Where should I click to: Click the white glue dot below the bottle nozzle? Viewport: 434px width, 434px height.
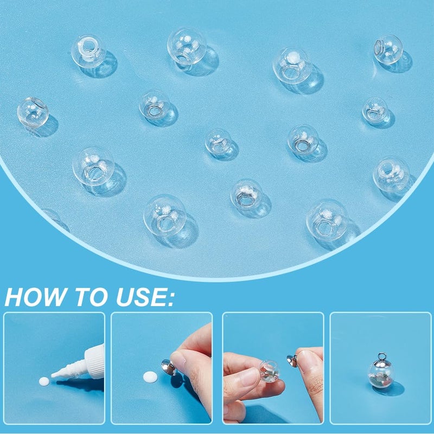click(x=44, y=382)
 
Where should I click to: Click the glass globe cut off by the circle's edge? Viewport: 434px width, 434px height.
click(x=53, y=217)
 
